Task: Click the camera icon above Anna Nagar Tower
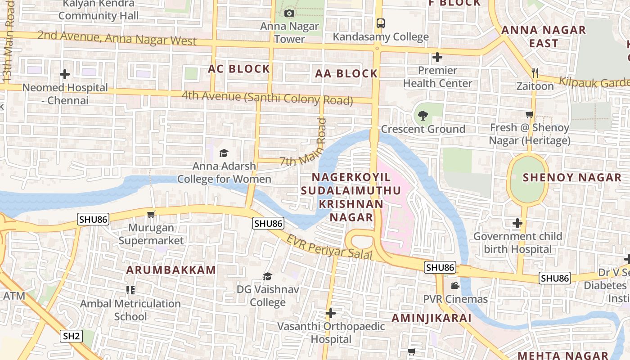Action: coord(289,13)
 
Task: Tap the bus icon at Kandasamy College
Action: coord(380,23)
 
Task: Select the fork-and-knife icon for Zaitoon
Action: coord(535,73)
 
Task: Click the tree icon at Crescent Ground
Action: coord(423,116)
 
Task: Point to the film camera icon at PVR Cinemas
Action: coord(455,286)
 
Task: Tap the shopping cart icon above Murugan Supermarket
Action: coord(151,215)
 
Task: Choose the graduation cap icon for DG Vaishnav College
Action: coord(268,276)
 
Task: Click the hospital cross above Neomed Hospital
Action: coord(65,74)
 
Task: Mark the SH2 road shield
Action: coord(72,336)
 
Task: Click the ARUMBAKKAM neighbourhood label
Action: coord(171,270)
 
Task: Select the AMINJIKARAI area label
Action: coord(431,318)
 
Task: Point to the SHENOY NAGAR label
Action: coord(572,177)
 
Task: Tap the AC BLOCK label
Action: coord(239,69)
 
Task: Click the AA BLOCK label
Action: coord(346,74)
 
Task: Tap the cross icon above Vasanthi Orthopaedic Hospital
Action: coord(331,313)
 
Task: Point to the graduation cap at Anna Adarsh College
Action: coord(224,153)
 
